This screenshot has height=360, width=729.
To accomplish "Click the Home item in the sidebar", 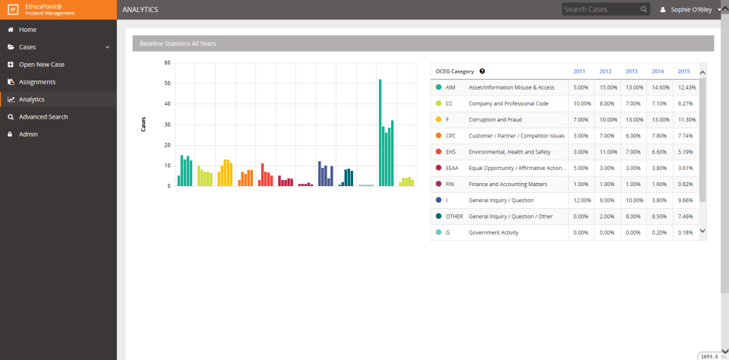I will pos(27,30).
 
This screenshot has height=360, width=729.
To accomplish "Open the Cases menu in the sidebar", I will pos(27,47).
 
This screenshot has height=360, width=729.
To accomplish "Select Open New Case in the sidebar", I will pos(41,65).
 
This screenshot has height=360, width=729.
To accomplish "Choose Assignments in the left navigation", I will pos(36,82).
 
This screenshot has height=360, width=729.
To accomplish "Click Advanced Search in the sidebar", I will pos(43,117).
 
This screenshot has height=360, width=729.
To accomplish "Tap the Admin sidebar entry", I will pos(28,134).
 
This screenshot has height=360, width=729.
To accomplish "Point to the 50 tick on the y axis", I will pos(167,84).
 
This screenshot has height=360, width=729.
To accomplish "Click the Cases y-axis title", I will pos(144,125).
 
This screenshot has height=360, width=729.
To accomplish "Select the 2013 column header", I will pos(631,71).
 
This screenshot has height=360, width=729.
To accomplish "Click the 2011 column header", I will pos(579,71).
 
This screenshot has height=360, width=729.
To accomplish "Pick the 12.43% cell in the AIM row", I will pos(686,87).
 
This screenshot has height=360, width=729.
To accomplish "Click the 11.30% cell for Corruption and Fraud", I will pos(686,119).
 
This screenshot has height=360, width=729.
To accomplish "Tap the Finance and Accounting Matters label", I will pos(507,184).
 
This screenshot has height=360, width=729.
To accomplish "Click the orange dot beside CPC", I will pos(438,136).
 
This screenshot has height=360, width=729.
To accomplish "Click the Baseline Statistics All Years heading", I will pos(178,44).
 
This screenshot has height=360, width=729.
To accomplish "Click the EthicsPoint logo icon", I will pos(12,10).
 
